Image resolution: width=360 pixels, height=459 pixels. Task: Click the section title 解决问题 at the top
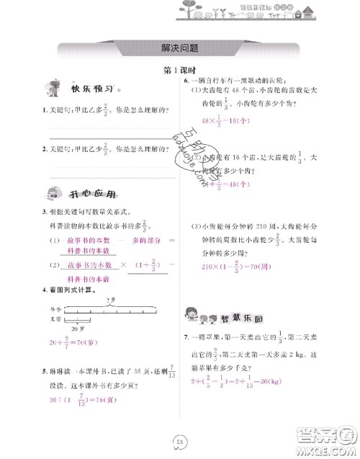179,48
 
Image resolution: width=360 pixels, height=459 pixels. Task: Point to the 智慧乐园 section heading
240,316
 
